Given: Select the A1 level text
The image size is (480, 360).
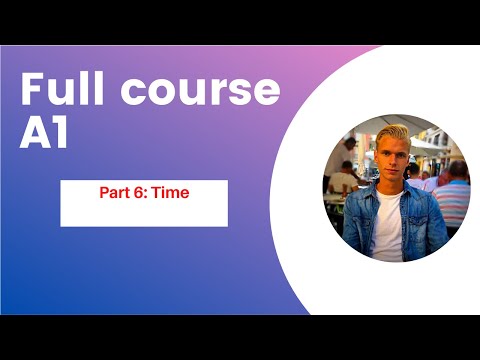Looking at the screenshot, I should click(x=45, y=134).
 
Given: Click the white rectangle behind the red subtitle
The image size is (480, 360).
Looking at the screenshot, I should click(x=143, y=212).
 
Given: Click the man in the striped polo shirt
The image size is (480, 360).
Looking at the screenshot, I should click(x=452, y=195).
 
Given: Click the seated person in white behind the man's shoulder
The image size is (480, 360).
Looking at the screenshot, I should click(x=342, y=182).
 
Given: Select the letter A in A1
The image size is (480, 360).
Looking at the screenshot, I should click(x=36, y=134).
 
